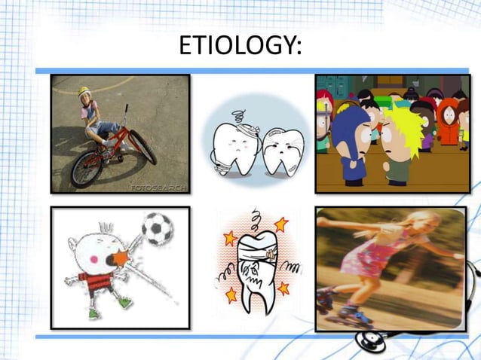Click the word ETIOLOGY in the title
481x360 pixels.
coord(240,47)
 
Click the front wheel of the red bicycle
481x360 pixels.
coord(142,146)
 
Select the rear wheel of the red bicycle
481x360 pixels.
coord(87,169)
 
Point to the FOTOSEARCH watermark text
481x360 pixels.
coord(159,186)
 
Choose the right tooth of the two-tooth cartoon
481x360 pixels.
coord(283,151)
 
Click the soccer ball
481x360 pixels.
coord(157,229)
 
